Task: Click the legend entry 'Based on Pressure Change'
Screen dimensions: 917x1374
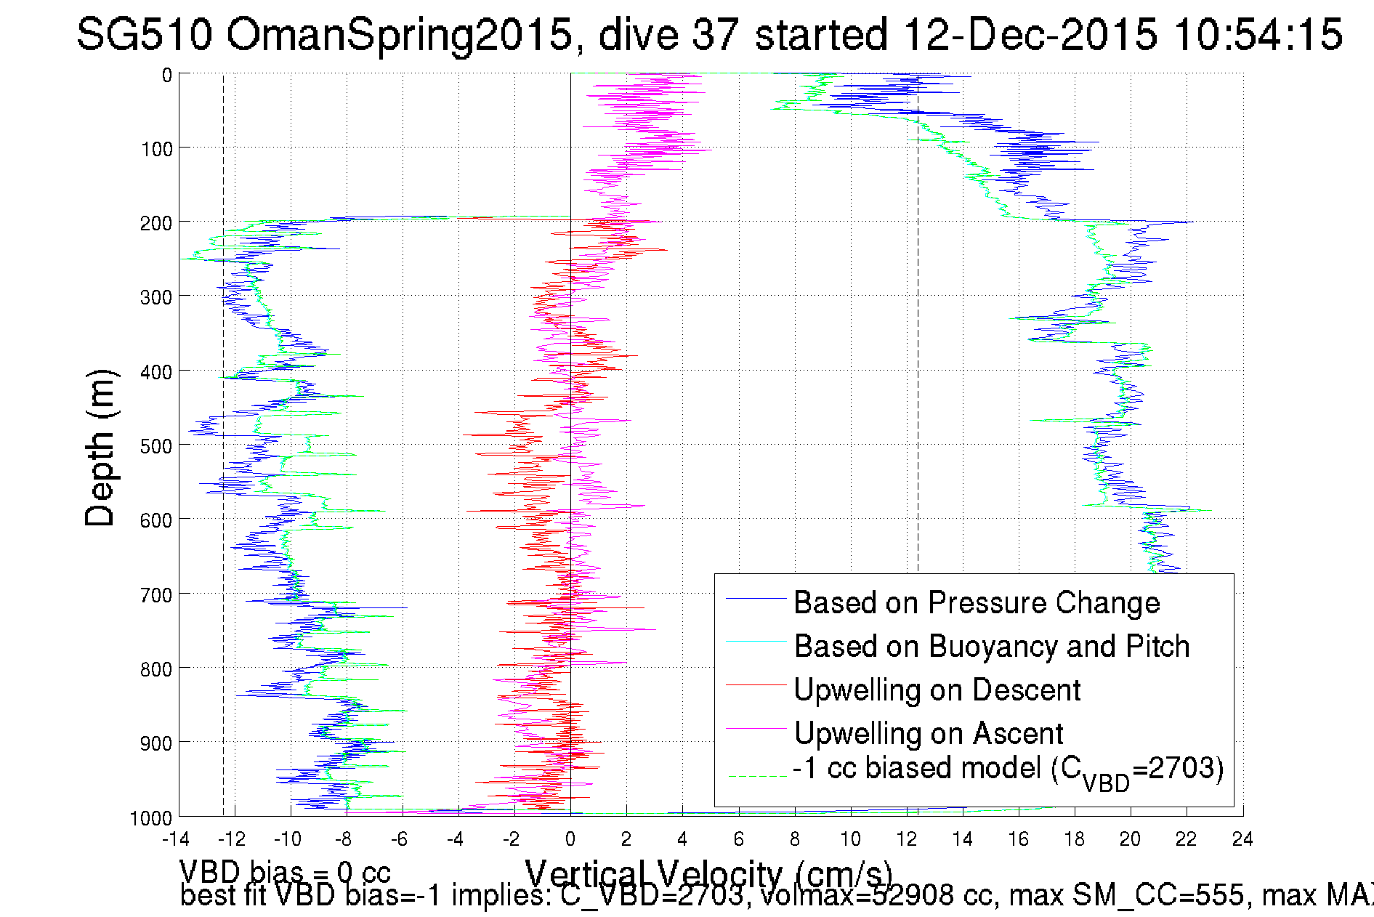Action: [976, 603]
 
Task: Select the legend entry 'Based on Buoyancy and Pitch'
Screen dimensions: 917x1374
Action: [991, 647]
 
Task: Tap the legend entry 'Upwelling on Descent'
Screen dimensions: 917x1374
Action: [937, 690]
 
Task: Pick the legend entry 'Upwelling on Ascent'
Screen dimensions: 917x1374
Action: [928, 734]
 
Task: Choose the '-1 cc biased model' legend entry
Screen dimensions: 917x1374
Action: [1007, 769]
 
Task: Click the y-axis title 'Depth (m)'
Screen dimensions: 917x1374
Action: [100, 448]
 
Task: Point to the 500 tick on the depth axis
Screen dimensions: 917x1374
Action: [156, 446]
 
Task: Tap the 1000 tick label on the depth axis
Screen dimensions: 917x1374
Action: [151, 818]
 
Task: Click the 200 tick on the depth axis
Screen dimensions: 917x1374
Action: [156, 223]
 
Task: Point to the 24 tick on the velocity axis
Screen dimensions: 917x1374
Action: [1242, 840]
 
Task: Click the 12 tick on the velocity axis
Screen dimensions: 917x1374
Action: [906, 840]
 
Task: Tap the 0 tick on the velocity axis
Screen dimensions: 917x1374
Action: [570, 840]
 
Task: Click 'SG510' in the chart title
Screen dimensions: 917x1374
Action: [144, 34]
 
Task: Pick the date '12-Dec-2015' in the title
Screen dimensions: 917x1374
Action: [1030, 34]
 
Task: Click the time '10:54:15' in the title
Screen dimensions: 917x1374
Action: [1258, 34]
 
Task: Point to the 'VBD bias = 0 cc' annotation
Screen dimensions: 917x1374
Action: [285, 871]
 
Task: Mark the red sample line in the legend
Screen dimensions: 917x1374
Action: [756, 684]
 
